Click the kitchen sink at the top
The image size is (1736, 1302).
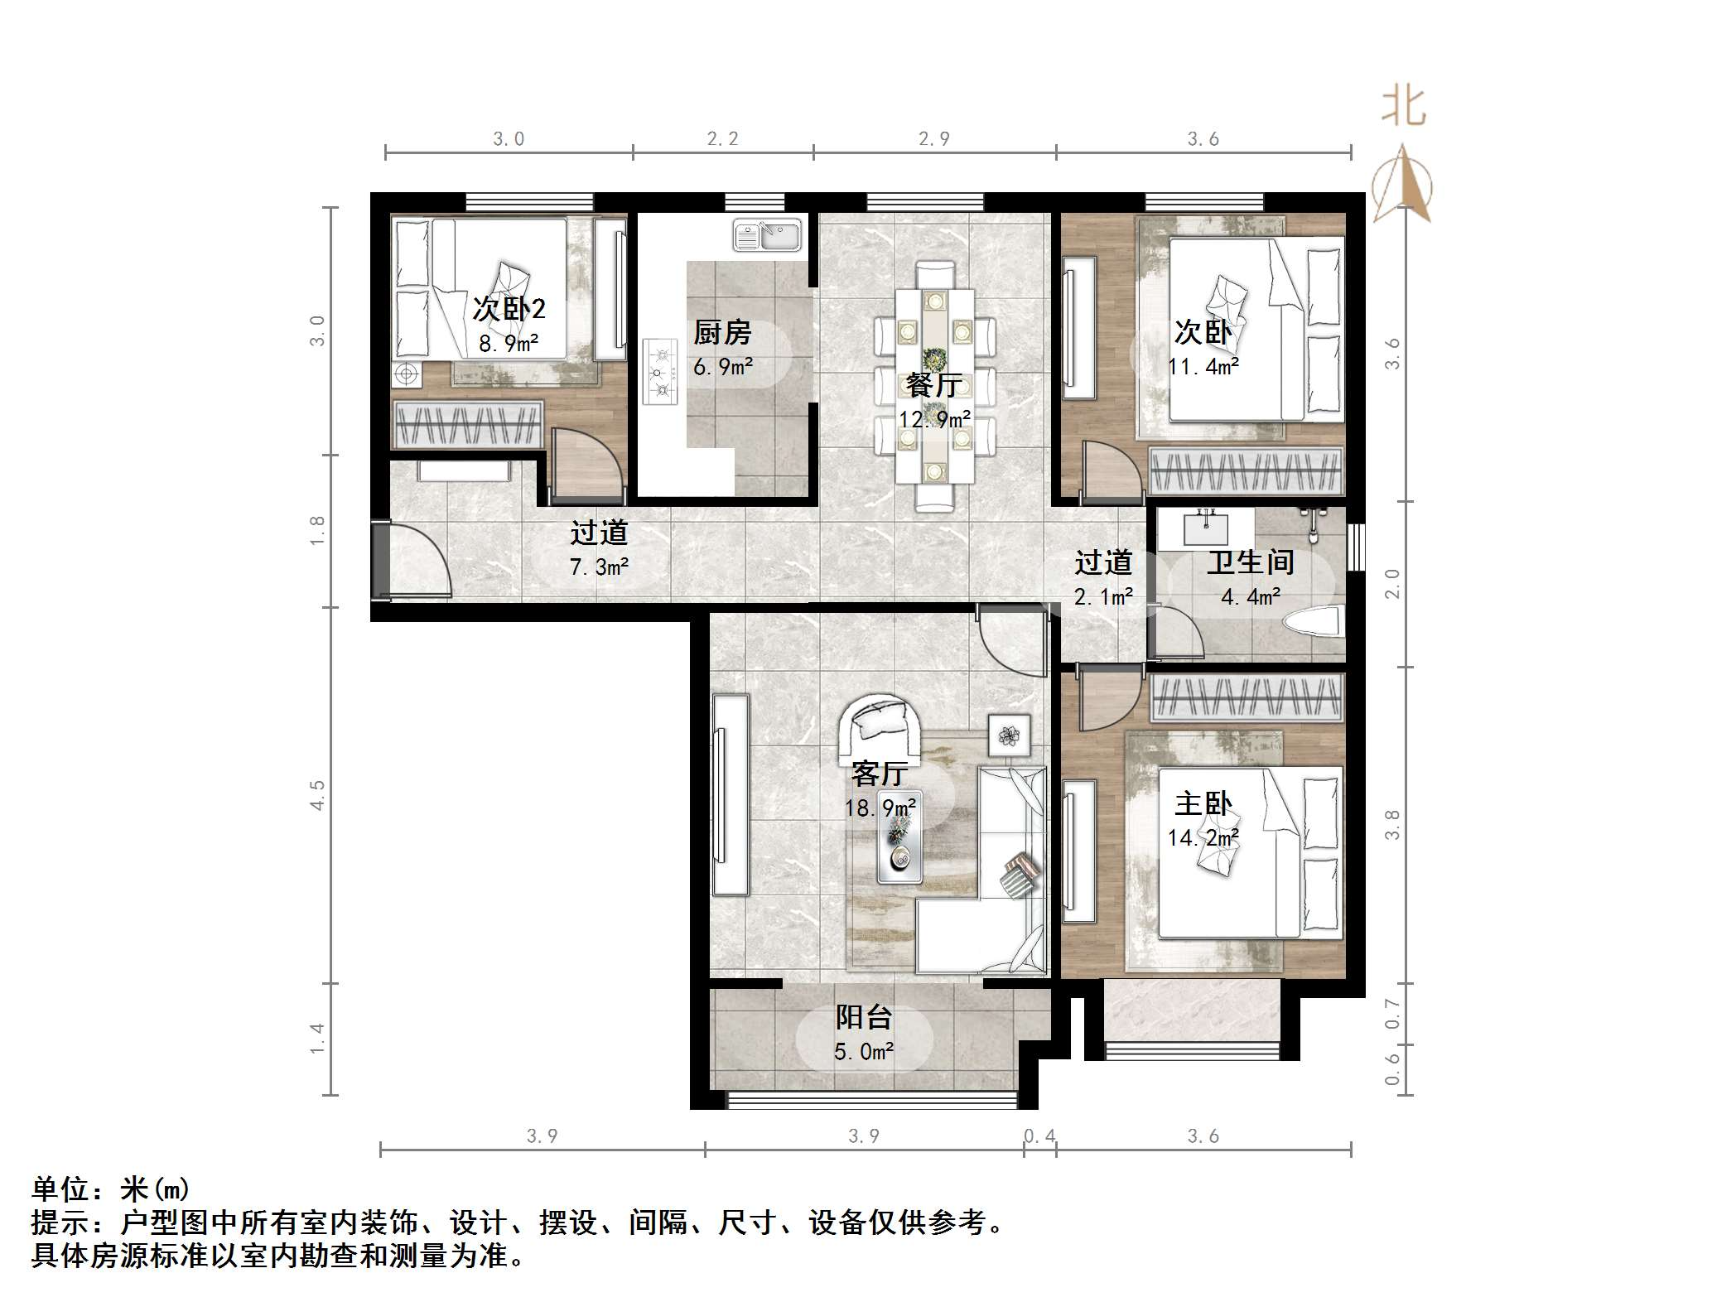(x=768, y=234)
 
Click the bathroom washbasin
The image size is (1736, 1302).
(x=1206, y=528)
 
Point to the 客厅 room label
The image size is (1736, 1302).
(x=880, y=774)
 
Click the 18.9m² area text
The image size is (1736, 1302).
(x=880, y=808)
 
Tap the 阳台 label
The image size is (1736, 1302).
(x=864, y=1016)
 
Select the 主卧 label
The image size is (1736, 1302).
(x=1203, y=803)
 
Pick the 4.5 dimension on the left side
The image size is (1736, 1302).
(x=317, y=795)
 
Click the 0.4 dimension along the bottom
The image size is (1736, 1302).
(x=1039, y=1136)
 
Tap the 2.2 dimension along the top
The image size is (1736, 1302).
(x=722, y=138)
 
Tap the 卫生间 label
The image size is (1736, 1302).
(x=1250, y=562)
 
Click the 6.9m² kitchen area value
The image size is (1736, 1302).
(x=722, y=366)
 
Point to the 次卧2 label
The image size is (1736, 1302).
(x=509, y=309)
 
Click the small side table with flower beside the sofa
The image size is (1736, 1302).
(x=1009, y=735)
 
